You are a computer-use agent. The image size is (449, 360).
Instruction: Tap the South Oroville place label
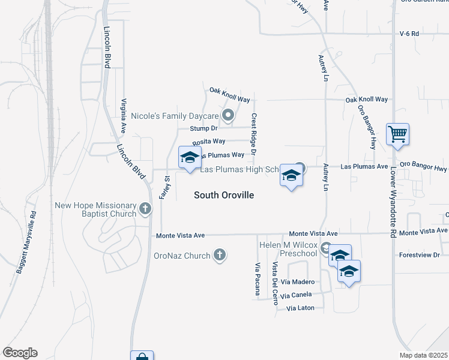224,195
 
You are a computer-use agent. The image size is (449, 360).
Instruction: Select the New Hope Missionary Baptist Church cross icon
145,209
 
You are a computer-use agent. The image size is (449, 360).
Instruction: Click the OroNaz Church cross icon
220,255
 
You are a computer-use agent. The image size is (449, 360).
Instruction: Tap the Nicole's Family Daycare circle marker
228,115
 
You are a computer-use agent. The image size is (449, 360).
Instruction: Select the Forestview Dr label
420,255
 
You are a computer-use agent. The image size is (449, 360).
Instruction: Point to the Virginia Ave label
124,115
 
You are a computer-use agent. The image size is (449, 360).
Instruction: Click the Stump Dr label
203,128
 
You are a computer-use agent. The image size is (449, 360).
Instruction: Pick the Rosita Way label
209,142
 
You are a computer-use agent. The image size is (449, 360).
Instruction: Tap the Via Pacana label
258,280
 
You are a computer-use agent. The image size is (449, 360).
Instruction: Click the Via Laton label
300,308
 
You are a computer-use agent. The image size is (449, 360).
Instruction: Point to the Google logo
20,353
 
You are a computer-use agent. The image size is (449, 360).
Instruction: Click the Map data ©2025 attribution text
423,355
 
